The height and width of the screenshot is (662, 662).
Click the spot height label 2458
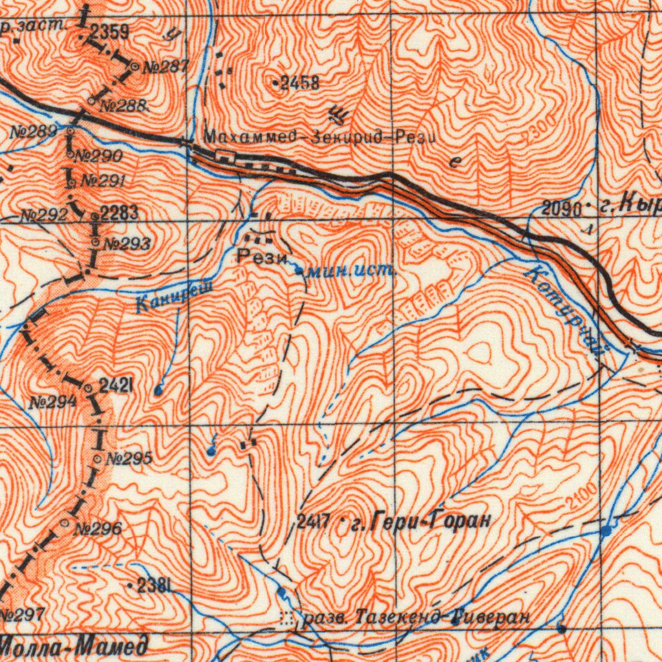[x=299, y=83]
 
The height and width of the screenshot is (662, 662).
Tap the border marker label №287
[x=165, y=67]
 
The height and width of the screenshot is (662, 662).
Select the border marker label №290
[x=98, y=156]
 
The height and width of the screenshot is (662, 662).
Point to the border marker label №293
[x=127, y=244]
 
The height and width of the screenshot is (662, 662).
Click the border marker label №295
[x=129, y=459]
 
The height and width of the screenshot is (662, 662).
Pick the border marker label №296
[x=98, y=529]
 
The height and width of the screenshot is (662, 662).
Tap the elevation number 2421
[x=117, y=387]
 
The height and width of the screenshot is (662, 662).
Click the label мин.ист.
[x=350, y=272]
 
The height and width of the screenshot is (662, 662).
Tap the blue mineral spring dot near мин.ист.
[x=298, y=271]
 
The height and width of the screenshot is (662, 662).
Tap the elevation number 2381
[x=155, y=586]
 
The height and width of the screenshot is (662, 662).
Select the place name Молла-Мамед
[x=73, y=645]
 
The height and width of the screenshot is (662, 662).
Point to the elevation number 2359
[x=109, y=31]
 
